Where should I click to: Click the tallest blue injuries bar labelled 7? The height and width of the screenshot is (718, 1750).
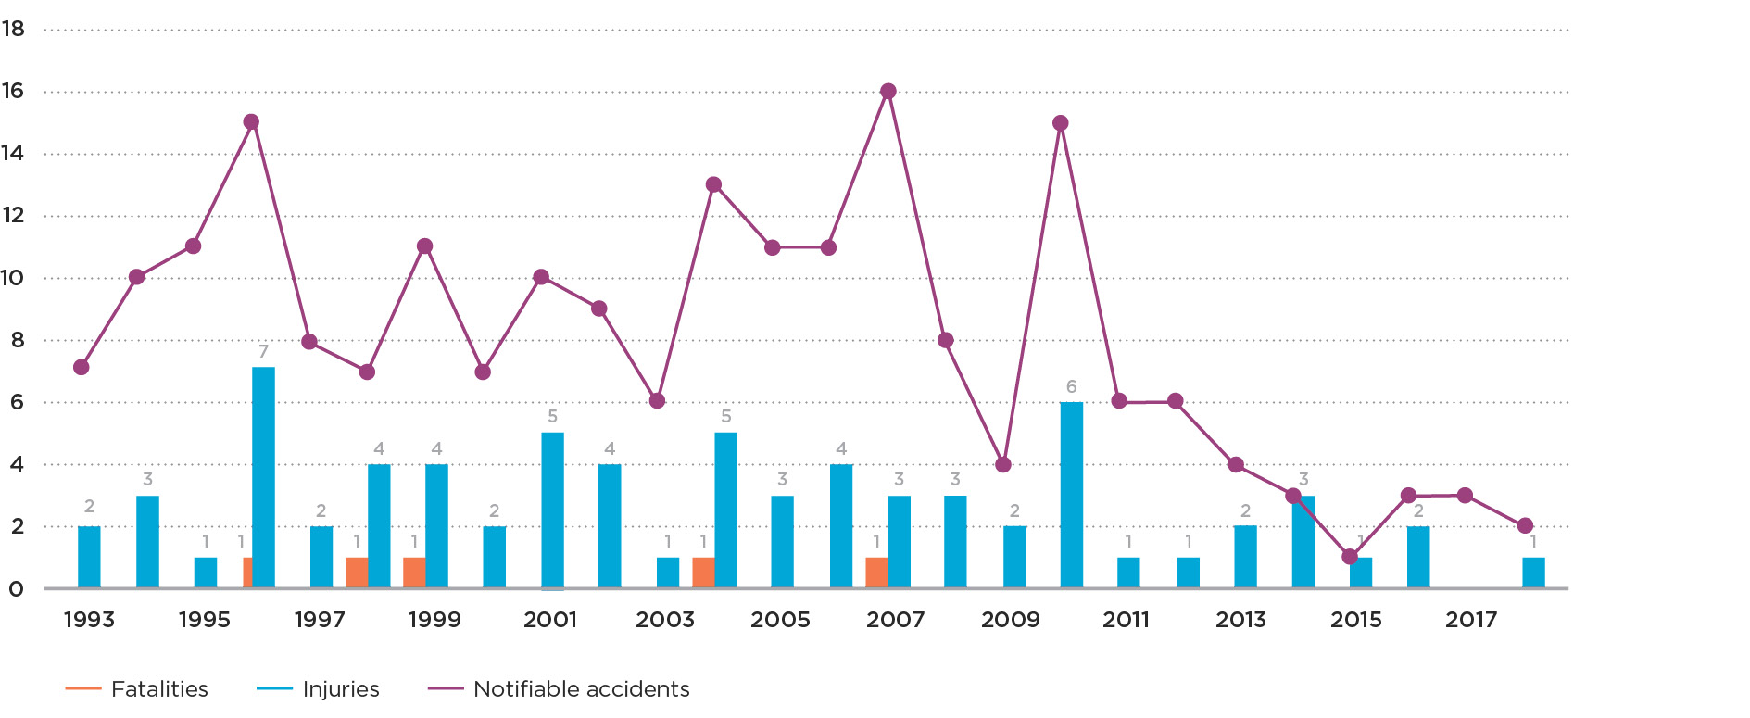[263, 477]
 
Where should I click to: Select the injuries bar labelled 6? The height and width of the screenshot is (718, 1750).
[1071, 495]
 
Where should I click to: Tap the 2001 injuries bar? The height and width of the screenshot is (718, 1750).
[552, 510]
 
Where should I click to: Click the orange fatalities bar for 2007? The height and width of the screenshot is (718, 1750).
[876, 573]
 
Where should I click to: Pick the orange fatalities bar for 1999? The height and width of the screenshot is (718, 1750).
[414, 573]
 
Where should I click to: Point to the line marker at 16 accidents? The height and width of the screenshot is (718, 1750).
[888, 91]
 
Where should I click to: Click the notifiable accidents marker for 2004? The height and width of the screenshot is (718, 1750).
[713, 184]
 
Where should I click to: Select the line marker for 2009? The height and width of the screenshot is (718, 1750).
[1003, 464]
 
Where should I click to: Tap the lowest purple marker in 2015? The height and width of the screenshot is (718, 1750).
[1350, 557]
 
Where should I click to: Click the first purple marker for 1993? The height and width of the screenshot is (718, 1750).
[82, 367]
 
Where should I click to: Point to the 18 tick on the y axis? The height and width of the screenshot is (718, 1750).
[13, 29]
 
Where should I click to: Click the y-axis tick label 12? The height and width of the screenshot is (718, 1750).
[13, 215]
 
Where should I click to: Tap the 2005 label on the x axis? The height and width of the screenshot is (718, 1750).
[780, 620]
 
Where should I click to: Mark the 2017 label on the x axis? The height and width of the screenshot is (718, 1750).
[1471, 620]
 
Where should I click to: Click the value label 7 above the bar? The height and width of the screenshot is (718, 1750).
[263, 351]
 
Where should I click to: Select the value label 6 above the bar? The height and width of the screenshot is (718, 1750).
[1071, 386]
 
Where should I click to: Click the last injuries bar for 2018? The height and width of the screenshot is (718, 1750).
[1533, 573]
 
